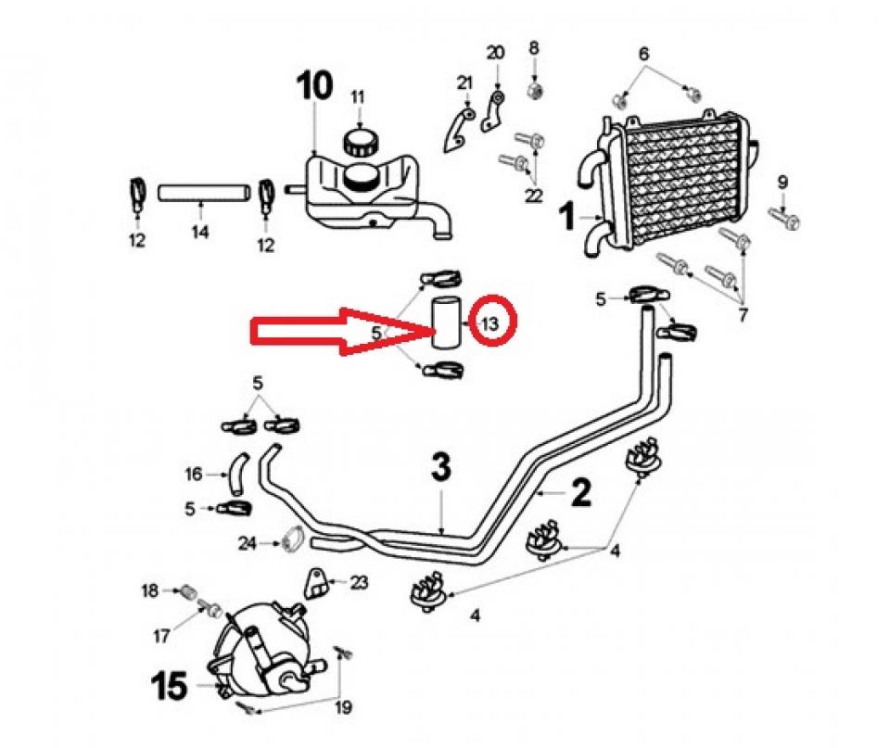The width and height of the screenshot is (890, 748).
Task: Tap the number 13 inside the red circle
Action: tap(489, 323)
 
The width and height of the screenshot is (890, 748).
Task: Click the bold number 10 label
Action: tap(313, 86)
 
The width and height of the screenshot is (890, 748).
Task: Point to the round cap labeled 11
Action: tap(361, 144)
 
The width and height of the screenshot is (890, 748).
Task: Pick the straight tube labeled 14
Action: tap(204, 193)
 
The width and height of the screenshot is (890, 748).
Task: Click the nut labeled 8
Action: tap(534, 90)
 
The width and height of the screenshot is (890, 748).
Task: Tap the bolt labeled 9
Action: tap(785, 220)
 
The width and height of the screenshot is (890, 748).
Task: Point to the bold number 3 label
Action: tap(441, 468)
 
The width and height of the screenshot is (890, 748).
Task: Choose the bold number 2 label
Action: tap(579, 492)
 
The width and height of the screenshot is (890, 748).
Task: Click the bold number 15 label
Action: tap(171, 687)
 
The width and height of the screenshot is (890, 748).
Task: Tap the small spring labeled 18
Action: tap(187, 591)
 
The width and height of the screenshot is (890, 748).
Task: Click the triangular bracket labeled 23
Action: tap(316, 583)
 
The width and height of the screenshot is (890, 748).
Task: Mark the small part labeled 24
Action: tap(292, 539)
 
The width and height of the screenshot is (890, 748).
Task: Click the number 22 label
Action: tap(533, 195)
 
